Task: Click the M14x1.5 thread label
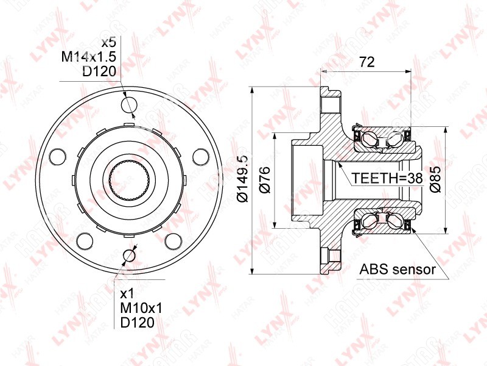[89, 57]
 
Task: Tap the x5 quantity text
[108, 42]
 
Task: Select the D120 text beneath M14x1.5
[99, 71]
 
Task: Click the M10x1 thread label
[141, 308]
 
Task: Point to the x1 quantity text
[127, 293]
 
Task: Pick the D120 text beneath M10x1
[138, 323]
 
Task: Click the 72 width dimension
[367, 62]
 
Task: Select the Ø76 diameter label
[265, 180]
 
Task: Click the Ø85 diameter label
[435, 179]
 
